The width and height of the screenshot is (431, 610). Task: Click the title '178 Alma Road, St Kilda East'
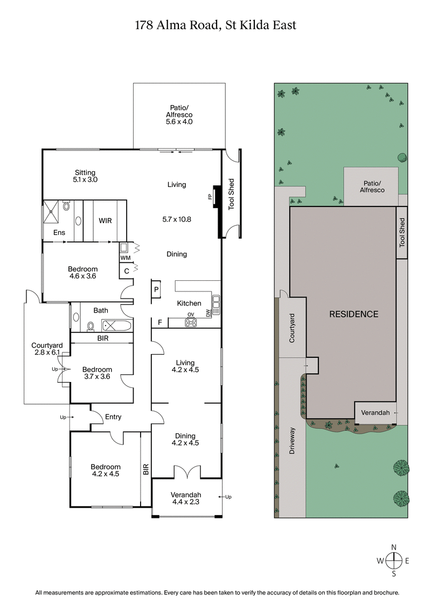tap(215, 25)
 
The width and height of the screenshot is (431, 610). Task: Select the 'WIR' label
tap(105, 221)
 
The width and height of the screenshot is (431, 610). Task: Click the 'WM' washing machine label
tap(125, 258)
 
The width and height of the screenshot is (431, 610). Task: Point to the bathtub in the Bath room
tap(116, 325)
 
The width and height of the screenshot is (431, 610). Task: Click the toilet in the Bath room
tap(91, 325)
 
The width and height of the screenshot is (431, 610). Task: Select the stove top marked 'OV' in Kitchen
tap(190, 322)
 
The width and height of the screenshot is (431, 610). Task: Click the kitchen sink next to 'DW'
tap(216, 306)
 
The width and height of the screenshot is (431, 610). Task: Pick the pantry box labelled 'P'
tap(156, 289)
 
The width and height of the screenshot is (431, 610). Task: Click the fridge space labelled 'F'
tap(159, 323)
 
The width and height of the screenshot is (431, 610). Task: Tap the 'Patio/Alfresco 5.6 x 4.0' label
tap(179, 115)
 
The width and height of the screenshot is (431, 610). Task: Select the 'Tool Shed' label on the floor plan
tap(232, 194)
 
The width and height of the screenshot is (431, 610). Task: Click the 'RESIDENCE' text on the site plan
tap(353, 314)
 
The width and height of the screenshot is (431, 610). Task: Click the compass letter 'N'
tap(394, 546)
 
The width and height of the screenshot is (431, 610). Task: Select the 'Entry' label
tap(113, 417)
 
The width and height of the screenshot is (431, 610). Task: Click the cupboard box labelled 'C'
tap(126, 271)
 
